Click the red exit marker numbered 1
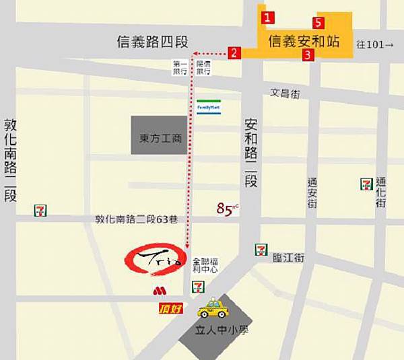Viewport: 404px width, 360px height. [268, 17]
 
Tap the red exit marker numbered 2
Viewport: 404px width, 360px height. [234, 52]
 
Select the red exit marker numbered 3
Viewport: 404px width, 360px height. [307, 56]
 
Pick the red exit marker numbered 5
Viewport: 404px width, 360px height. [320, 23]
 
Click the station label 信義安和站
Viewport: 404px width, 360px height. [304, 40]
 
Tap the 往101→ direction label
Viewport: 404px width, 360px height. [374, 44]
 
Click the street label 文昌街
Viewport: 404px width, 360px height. [284, 94]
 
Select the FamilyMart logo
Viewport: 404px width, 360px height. [209, 106]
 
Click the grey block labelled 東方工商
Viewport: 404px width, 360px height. [159, 139]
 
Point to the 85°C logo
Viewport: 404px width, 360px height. [228, 209]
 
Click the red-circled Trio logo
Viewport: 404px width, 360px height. [154, 260]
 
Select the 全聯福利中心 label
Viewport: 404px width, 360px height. [205, 264]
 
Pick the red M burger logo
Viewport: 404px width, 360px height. [159, 291]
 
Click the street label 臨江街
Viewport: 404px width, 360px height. [289, 258]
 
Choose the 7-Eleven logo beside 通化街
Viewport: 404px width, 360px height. [367, 184]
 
